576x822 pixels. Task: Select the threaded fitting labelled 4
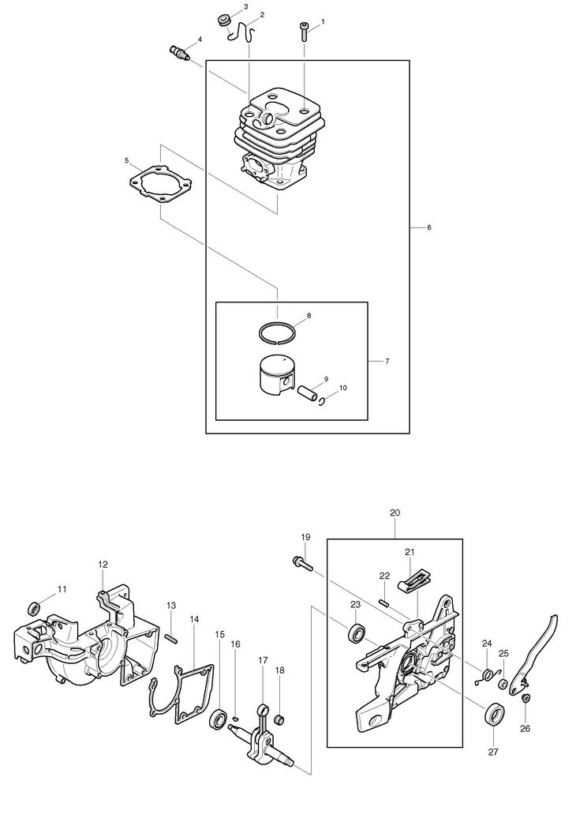180,54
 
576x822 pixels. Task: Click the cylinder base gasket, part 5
161,182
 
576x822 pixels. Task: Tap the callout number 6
428,227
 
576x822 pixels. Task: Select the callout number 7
387,362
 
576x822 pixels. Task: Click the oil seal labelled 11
35,607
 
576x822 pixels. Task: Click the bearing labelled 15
218,719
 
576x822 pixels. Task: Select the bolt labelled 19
302,562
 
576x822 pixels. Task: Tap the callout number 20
395,512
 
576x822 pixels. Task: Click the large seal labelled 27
495,712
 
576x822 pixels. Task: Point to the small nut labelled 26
526,697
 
